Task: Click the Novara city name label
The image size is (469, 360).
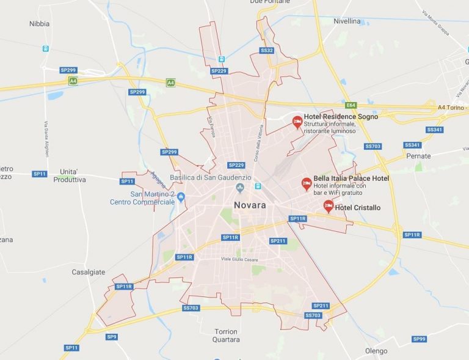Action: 250,205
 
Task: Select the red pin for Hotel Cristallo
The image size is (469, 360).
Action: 328,205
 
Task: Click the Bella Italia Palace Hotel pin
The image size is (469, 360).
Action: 307,183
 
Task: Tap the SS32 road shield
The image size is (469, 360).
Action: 267,50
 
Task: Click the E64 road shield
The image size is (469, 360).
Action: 350,105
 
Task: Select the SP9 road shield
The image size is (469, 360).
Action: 111,337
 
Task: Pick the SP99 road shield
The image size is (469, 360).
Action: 418,339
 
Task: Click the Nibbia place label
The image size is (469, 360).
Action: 40,24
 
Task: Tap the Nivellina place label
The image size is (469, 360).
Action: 347,21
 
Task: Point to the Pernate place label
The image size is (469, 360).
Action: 418,156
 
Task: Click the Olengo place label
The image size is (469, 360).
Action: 376,351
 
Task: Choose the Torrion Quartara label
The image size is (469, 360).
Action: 218,336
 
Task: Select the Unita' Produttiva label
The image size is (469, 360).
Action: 70,175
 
